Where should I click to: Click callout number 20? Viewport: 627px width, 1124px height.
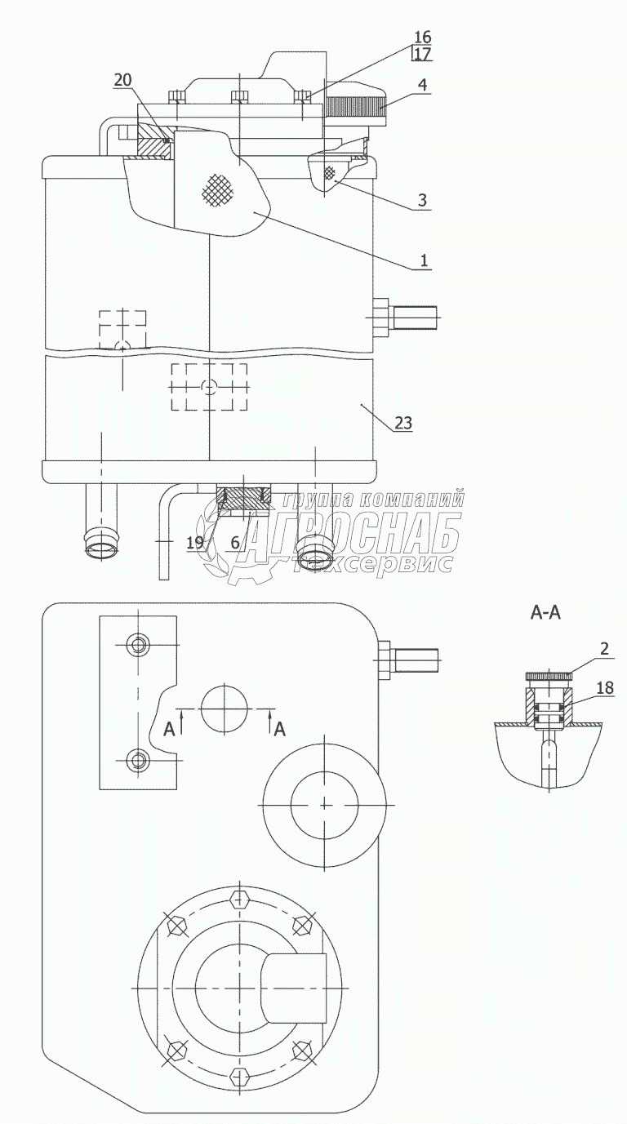(122, 80)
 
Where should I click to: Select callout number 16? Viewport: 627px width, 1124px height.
(423, 37)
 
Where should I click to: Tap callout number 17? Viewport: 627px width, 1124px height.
(423, 53)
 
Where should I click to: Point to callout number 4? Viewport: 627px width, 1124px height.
(423, 84)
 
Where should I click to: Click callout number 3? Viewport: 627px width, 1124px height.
(422, 200)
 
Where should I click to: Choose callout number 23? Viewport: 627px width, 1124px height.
(403, 423)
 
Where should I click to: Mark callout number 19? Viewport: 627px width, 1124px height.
(195, 542)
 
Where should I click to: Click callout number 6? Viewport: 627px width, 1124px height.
(235, 542)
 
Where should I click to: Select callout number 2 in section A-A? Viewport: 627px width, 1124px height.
(604, 648)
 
